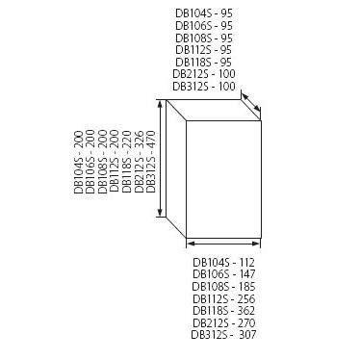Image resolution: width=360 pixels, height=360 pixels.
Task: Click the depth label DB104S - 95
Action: coord(203,12)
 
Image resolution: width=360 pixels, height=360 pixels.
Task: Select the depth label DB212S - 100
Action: coord(203,72)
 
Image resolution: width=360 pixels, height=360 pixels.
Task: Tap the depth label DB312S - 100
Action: coord(203,85)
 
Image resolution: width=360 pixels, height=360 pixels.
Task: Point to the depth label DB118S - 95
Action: coord(203,60)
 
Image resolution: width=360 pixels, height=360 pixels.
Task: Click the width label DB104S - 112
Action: coord(221,262)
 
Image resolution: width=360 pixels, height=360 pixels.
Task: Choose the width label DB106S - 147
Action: coord(221,274)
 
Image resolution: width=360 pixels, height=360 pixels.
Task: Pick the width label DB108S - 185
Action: coord(221,287)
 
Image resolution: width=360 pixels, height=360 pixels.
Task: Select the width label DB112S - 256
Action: coord(221,298)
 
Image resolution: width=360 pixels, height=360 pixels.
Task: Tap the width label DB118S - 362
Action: coord(221,311)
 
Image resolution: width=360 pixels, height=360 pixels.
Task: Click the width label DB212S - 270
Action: coord(221,323)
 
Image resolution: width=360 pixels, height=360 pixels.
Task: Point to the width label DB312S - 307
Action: coord(221,335)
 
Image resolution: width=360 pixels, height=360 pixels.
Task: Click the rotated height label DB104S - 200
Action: coord(79,164)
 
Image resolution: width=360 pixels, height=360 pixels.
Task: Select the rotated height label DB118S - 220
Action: coord(127,164)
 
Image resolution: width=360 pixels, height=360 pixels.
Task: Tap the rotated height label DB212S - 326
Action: coord(140,164)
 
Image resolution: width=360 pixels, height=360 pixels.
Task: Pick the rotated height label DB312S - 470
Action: coord(151,164)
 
